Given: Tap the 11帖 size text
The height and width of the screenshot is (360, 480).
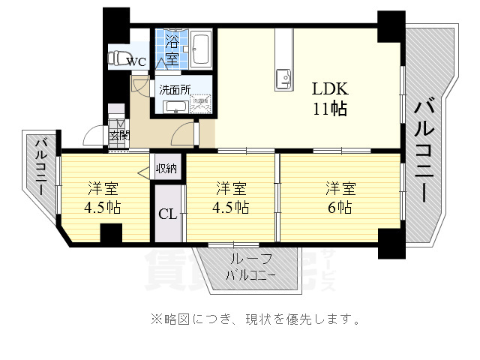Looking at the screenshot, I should click(x=329, y=109).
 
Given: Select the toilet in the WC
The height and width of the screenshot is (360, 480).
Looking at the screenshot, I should click(x=118, y=57).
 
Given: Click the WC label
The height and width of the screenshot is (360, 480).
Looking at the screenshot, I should click(x=136, y=62).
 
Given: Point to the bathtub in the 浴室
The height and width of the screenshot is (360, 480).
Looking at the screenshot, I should click(x=200, y=49).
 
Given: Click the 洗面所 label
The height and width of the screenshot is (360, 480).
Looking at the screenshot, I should click(x=174, y=89).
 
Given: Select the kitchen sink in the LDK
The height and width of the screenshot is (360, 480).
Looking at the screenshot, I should click(x=283, y=77).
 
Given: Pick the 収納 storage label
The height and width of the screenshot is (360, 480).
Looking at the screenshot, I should click(x=166, y=168).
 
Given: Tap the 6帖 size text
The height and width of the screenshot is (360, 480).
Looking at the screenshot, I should click(x=340, y=208).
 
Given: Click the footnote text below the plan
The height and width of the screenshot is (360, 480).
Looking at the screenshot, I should click(x=255, y=319).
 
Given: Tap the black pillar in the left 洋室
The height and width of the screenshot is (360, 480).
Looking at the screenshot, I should click(x=111, y=233).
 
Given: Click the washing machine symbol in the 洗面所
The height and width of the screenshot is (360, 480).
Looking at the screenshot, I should click(x=200, y=106).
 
